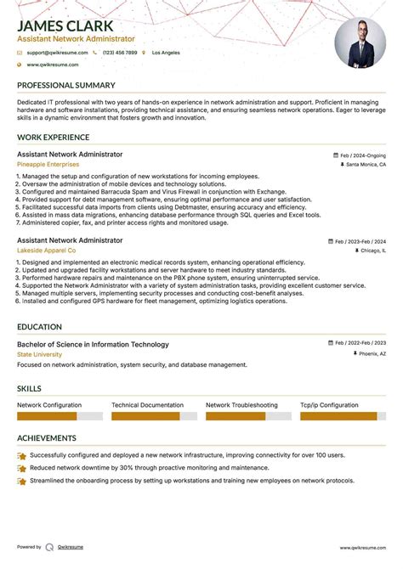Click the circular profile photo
point(360,43)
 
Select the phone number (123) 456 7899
point(119,53)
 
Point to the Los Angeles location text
point(166,53)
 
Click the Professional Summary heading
point(65,86)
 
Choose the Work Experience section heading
point(53,137)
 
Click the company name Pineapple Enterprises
point(47,164)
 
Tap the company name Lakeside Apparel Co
point(47,251)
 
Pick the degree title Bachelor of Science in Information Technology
point(93,344)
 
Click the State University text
point(39,353)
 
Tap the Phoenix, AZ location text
point(372,353)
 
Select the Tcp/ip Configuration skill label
point(329,406)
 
